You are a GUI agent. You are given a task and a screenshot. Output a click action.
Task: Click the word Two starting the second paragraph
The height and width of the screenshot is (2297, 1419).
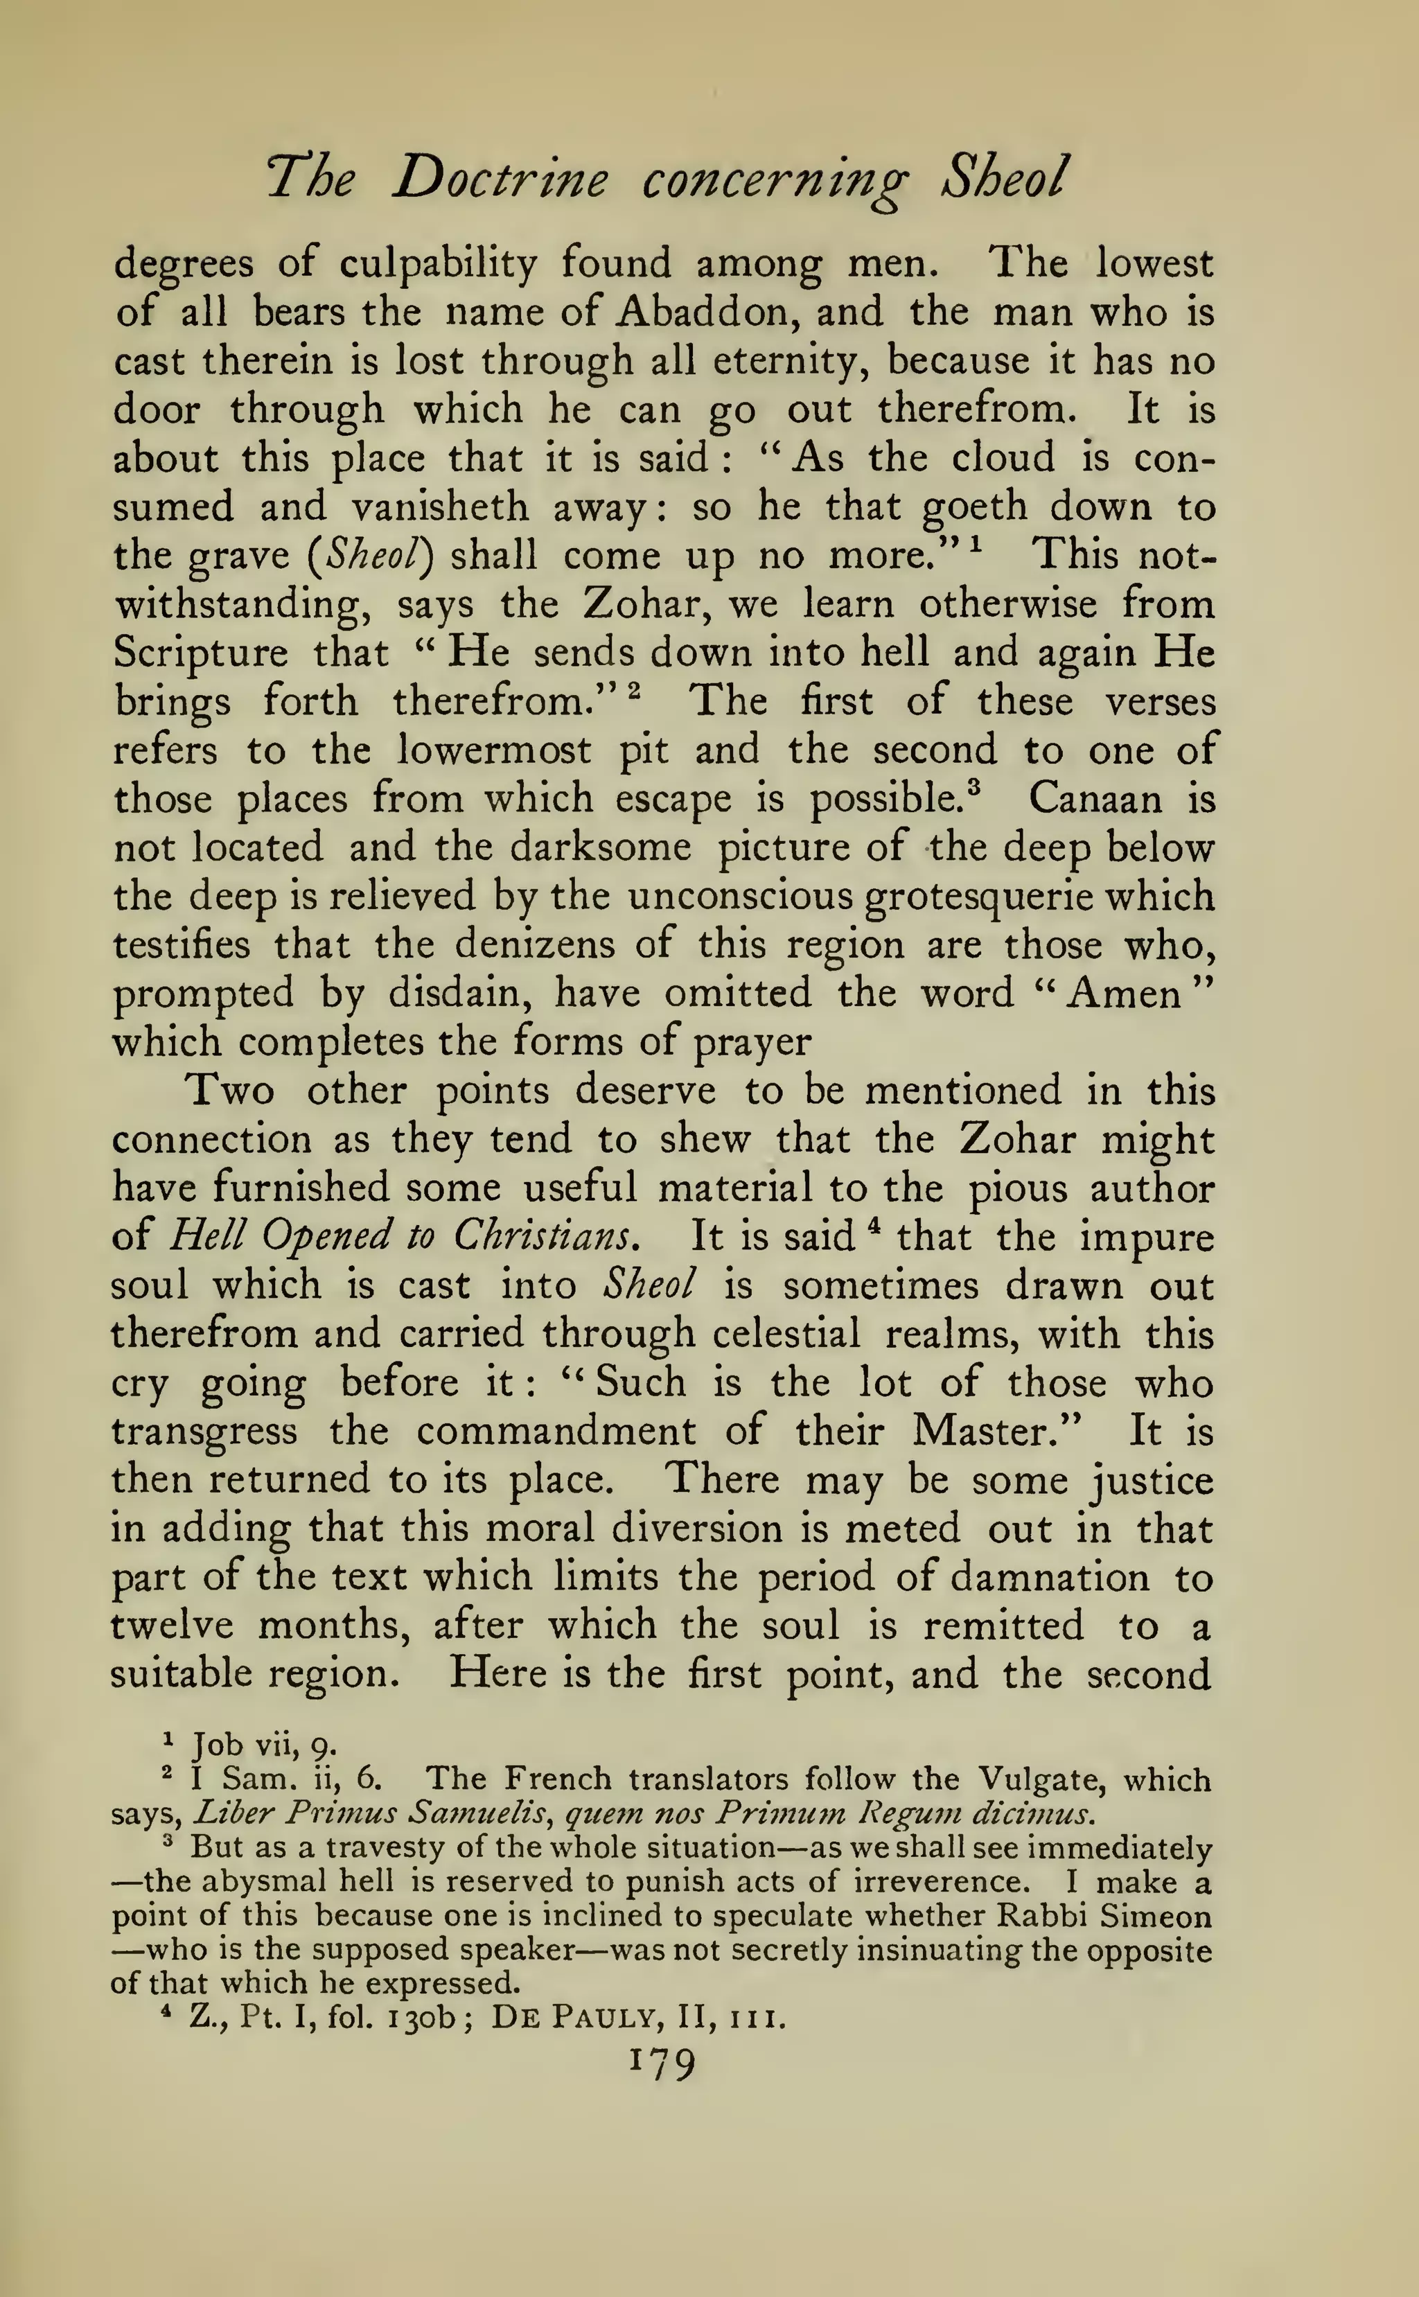point(230,1092)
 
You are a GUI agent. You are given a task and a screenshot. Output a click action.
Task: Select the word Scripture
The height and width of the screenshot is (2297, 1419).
point(200,653)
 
